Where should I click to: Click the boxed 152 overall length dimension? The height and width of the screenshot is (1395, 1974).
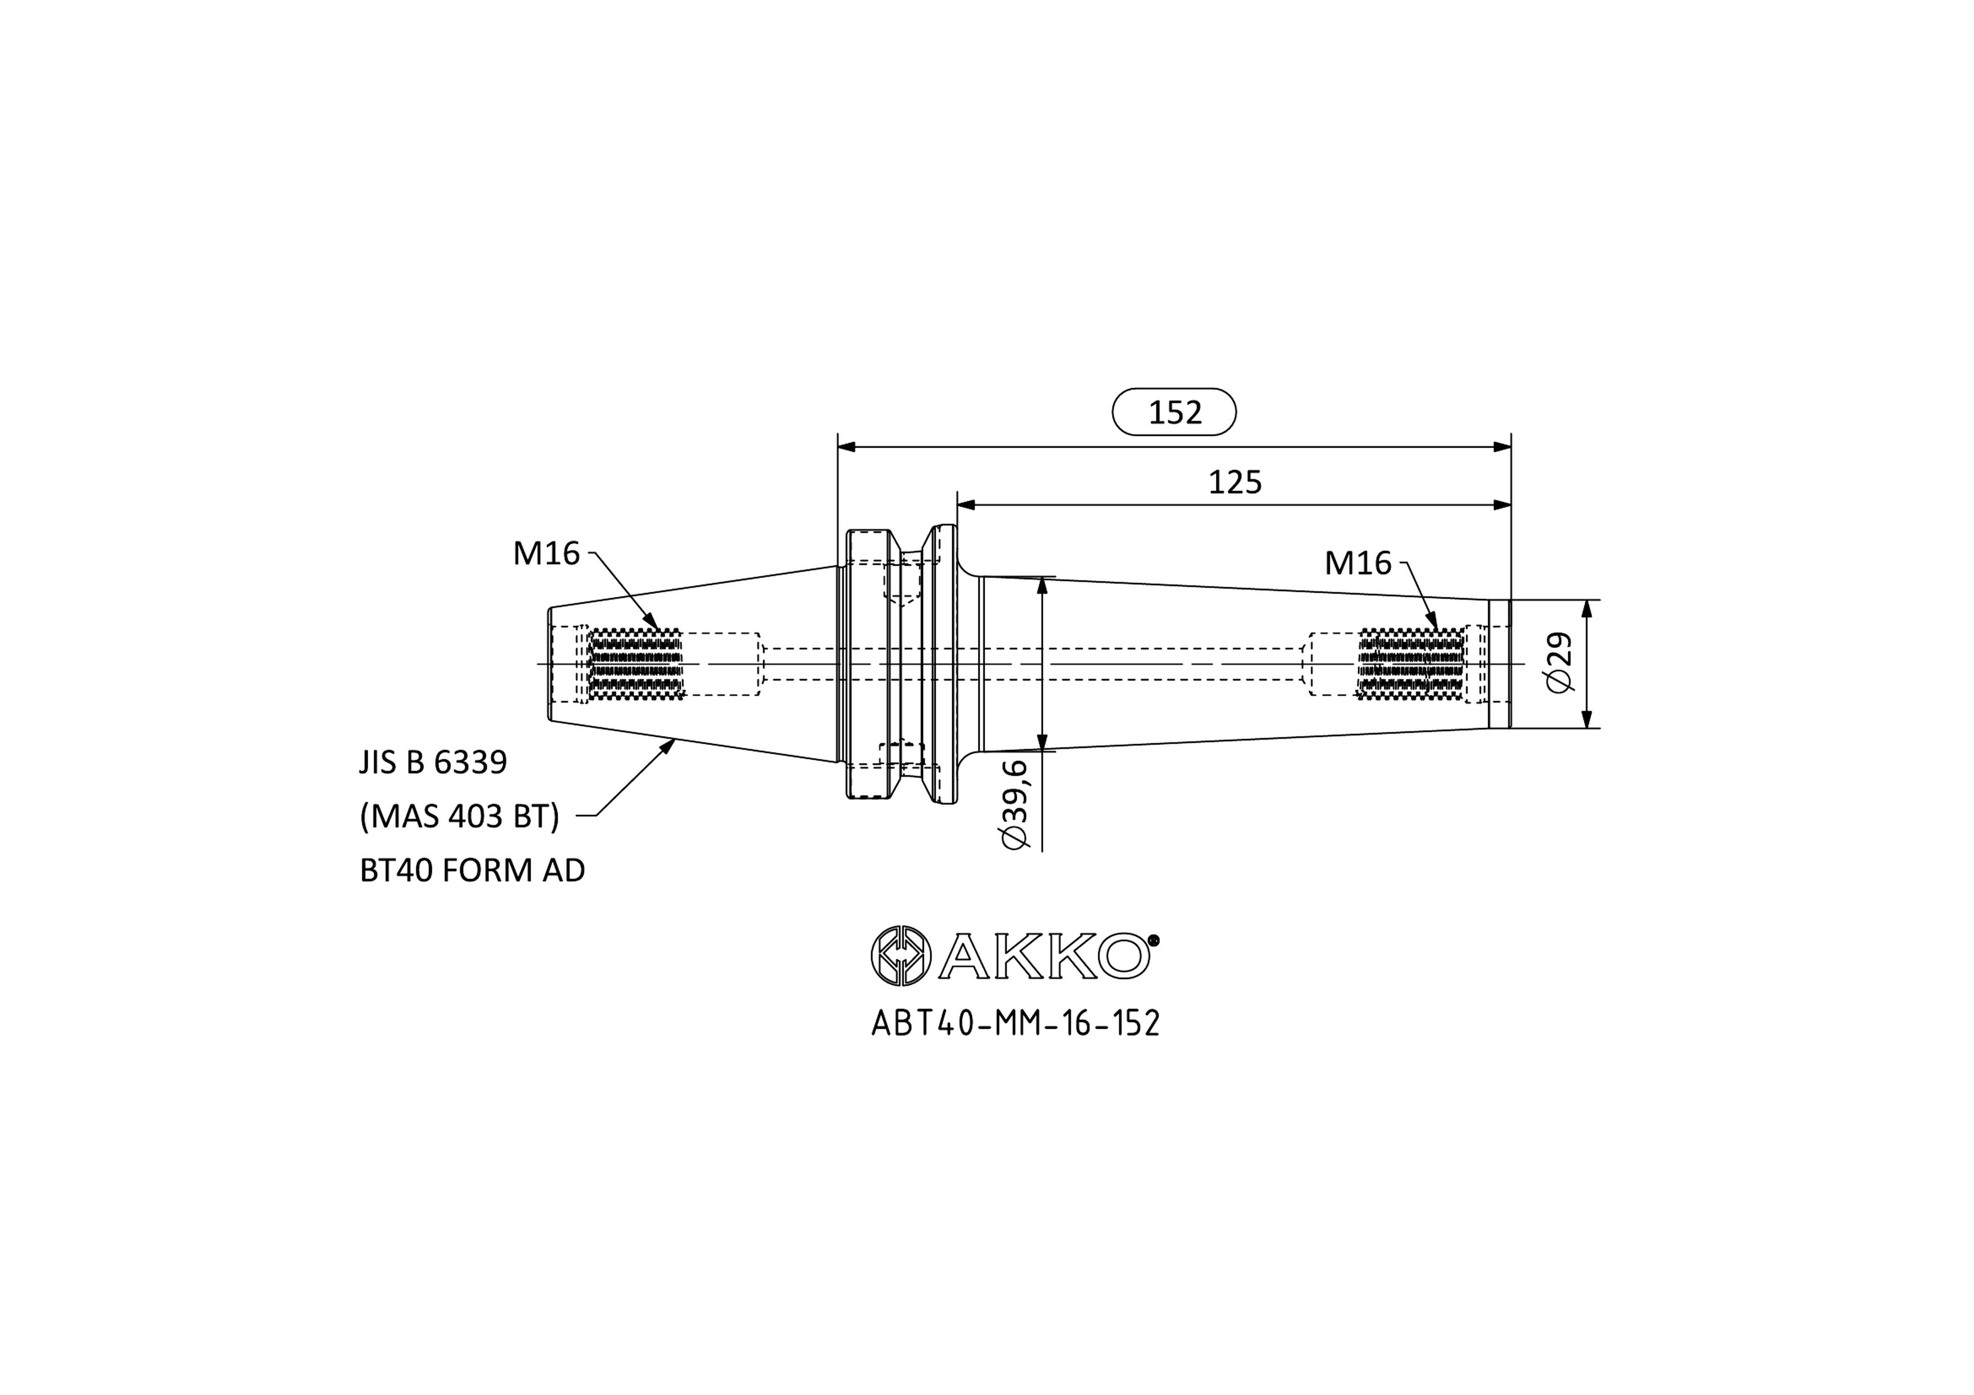point(1174,412)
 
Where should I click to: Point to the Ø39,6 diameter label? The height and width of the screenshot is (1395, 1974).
point(1015,804)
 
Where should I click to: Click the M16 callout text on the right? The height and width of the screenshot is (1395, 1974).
point(1358,563)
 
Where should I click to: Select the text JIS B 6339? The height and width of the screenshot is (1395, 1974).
point(433,762)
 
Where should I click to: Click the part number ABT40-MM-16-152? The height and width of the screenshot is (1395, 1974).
point(1015,1023)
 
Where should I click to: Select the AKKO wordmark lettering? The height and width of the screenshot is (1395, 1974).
point(1044,956)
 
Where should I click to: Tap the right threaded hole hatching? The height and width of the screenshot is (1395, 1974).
point(1411,664)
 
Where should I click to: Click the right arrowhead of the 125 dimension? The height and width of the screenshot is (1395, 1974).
point(1502,505)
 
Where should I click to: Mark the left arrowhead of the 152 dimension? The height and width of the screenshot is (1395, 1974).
point(847,447)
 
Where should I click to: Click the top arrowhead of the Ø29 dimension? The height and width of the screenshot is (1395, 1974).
point(1587,609)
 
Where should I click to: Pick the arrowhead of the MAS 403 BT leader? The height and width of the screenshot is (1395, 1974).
point(666,747)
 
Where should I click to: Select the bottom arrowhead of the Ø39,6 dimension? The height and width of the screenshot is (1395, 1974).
point(1043,741)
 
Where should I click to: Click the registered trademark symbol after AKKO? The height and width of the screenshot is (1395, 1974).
point(1154,940)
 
